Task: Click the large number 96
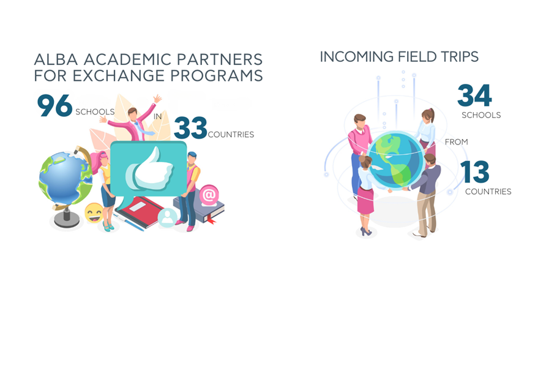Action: (54, 105)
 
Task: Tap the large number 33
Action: (190, 127)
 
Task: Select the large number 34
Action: (474, 96)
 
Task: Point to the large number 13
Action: (475, 171)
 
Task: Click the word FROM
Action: (457, 142)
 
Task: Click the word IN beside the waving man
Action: (158, 116)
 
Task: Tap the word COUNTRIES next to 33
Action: (231, 135)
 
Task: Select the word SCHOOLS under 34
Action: (481, 115)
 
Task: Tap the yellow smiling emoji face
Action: (94, 213)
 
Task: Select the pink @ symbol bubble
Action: (209, 195)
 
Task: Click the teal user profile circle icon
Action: (167, 217)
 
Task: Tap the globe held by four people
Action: (396, 159)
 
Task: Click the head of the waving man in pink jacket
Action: (132, 114)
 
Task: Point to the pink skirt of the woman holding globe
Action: (365, 200)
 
